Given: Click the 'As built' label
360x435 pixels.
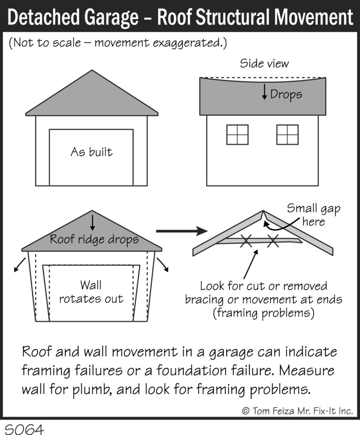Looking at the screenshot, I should point(91,152).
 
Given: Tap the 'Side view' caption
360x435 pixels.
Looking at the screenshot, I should point(264,64).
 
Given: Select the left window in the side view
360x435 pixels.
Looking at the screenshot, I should point(237,134).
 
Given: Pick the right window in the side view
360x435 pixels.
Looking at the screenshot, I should point(287,134).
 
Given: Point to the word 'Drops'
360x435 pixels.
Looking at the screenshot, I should point(286,94).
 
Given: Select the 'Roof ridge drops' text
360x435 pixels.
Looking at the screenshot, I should point(94,239).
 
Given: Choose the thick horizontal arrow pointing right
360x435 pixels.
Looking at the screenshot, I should point(181,231).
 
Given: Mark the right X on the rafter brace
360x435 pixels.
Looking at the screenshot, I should point(273,242).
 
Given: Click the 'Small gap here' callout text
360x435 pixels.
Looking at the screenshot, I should point(313,215).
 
